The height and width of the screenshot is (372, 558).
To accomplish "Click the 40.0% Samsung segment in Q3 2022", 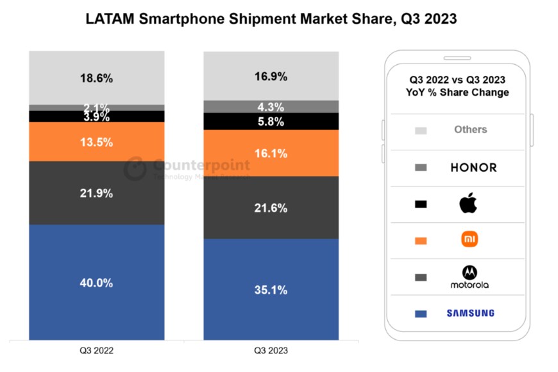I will pyautogui.click(x=96, y=283).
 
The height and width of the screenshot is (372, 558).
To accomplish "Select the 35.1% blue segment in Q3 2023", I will pyautogui.click(x=271, y=290).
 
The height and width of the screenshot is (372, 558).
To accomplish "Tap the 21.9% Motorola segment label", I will pyautogui.click(x=96, y=193).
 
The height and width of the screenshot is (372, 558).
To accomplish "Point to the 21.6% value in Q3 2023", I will pyautogui.click(x=271, y=208).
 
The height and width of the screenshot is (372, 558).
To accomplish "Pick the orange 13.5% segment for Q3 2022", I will pyautogui.click(x=96, y=142).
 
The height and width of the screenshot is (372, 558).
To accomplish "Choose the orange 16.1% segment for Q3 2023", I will pyautogui.click(x=271, y=154).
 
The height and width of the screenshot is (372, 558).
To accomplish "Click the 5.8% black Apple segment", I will pyautogui.click(x=271, y=121).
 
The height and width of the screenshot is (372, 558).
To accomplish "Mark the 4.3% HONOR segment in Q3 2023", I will pyautogui.click(x=271, y=107).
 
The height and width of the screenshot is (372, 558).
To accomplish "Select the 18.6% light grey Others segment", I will pyautogui.click(x=96, y=78).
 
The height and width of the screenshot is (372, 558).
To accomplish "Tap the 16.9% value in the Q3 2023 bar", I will pyautogui.click(x=271, y=76).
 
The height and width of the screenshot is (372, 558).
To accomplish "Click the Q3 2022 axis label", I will pyautogui.click(x=96, y=351).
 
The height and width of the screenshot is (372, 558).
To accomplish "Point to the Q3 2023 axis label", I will pyautogui.click(x=271, y=351).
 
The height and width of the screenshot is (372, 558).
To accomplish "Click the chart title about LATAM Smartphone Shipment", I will pyautogui.click(x=271, y=19).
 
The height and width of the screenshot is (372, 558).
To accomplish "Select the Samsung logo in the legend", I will pyautogui.click(x=471, y=313).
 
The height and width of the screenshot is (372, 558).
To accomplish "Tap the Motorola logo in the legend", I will pyautogui.click(x=469, y=276).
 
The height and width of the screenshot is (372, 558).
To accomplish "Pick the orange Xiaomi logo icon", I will pyautogui.click(x=470, y=240).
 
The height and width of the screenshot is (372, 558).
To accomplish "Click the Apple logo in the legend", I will pyautogui.click(x=469, y=204).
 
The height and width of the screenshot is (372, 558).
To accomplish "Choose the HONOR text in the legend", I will pyautogui.click(x=473, y=168).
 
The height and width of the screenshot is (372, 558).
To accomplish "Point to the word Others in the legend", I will pyautogui.click(x=471, y=129).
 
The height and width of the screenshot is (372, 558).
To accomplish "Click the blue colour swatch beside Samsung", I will pyautogui.click(x=421, y=314).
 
